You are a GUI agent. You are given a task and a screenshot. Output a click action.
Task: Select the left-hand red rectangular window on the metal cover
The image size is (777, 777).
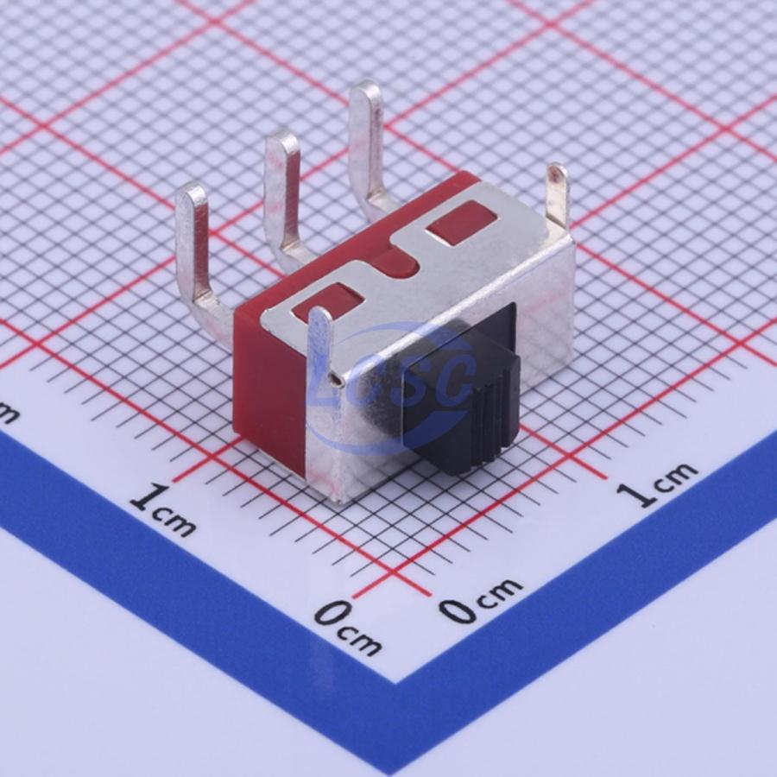(327, 302)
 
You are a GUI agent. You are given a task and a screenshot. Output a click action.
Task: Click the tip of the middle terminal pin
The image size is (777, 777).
(283, 142)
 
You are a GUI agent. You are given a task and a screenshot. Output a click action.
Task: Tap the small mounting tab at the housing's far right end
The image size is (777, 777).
(557, 193)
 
